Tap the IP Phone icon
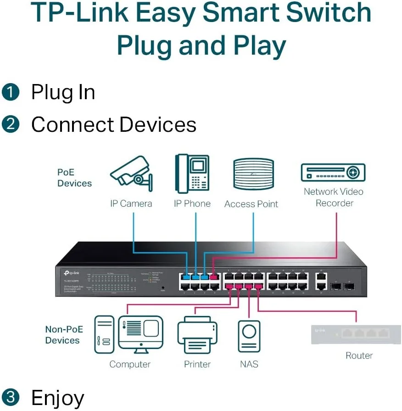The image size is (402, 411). pos(192,174)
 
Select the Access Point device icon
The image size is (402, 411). pos(253,174)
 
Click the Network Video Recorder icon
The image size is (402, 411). pos(333,173)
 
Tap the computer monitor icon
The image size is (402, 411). pos(140,332)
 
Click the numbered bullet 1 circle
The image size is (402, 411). pos(10,92)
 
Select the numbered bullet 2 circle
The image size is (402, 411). pos(10,124)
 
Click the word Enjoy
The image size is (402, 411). pos(57,397)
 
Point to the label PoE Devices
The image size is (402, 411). pos(74,178)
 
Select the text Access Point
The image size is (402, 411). pos(251,204)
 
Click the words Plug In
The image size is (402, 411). pos(63,92)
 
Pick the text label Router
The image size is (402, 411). pos(359,355)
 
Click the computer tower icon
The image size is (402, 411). pos(104,334)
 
